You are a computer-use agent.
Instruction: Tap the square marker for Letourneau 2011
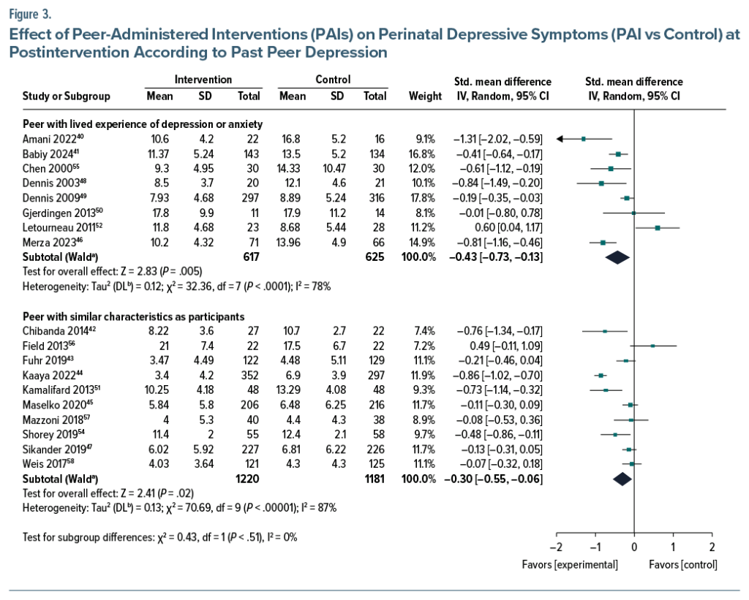coord(658,228)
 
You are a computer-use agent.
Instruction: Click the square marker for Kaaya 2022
coord(601,375)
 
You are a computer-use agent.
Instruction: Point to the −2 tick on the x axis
coord(555,547)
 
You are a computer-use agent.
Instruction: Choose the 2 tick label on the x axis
coord(712,547)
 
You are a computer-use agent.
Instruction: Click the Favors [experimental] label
coord(570,565)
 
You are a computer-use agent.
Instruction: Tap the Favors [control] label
coord(683,565)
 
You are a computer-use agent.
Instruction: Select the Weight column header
coord(425,96)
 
